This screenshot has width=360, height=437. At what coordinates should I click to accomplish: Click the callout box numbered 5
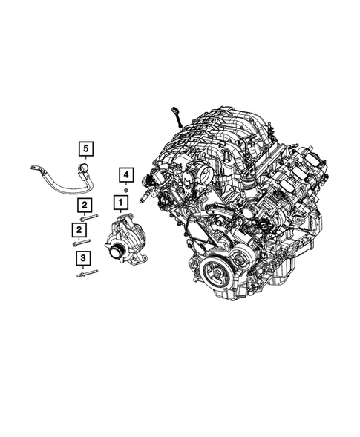87,150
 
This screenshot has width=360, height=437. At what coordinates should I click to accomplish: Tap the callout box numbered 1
118,201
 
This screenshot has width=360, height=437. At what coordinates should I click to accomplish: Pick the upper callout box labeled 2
86,205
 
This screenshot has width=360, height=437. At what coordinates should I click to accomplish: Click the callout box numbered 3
82,258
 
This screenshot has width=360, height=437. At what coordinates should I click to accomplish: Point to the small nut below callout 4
126,191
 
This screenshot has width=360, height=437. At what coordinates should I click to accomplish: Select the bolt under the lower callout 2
80,242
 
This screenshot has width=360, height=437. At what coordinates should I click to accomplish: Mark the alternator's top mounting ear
125,215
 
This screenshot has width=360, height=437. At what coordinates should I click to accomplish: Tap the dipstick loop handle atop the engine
176,112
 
